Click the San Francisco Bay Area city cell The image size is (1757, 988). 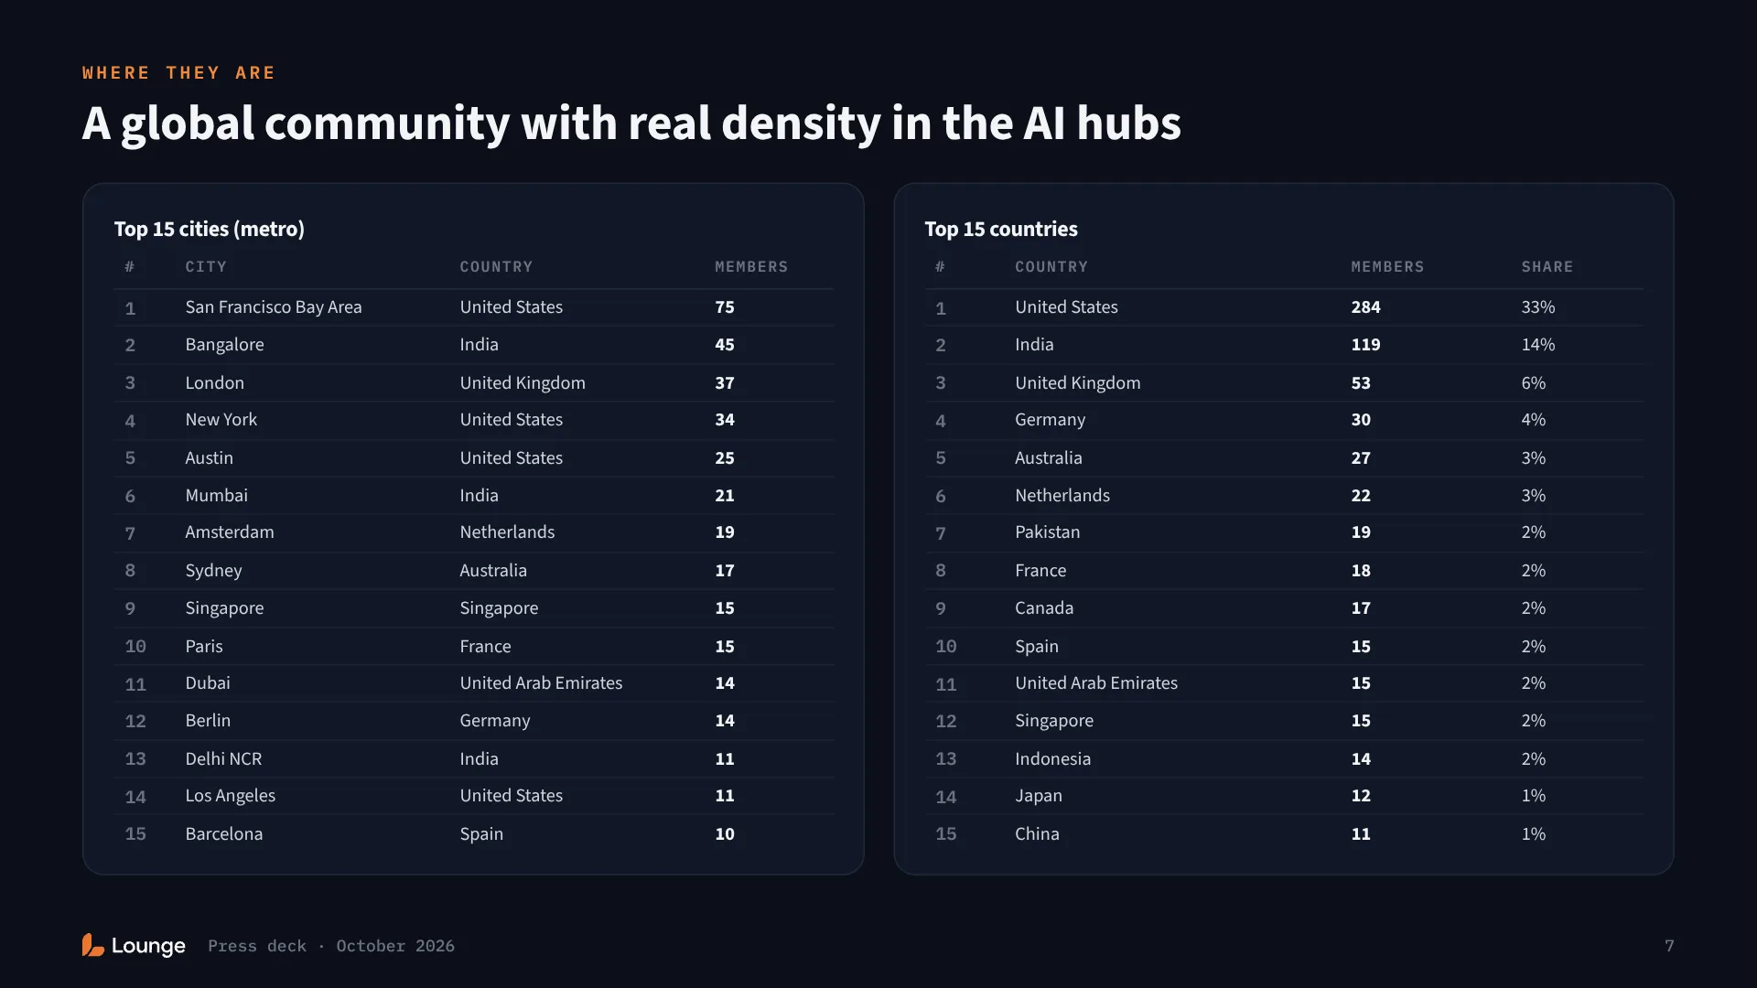274,307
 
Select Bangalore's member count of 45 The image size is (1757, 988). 725,345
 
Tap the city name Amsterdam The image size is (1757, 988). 230,532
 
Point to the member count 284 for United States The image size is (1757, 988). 1365,307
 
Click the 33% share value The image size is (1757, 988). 1538,307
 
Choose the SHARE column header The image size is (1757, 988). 1547,267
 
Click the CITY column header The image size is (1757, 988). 206,267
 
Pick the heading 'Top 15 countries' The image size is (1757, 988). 1001,229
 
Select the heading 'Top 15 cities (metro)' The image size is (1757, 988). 210,229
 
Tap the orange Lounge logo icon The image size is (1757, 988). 92,945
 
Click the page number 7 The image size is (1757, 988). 1669,946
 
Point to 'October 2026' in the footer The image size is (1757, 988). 395,946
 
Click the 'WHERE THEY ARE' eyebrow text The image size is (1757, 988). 178,73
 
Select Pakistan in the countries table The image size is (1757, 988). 1047,532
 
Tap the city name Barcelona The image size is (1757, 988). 224,834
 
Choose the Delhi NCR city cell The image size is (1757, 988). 223,759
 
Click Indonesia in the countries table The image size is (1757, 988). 1052,759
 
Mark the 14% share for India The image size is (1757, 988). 1538,345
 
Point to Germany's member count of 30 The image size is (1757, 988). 1361,420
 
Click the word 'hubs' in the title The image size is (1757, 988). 1129,123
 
